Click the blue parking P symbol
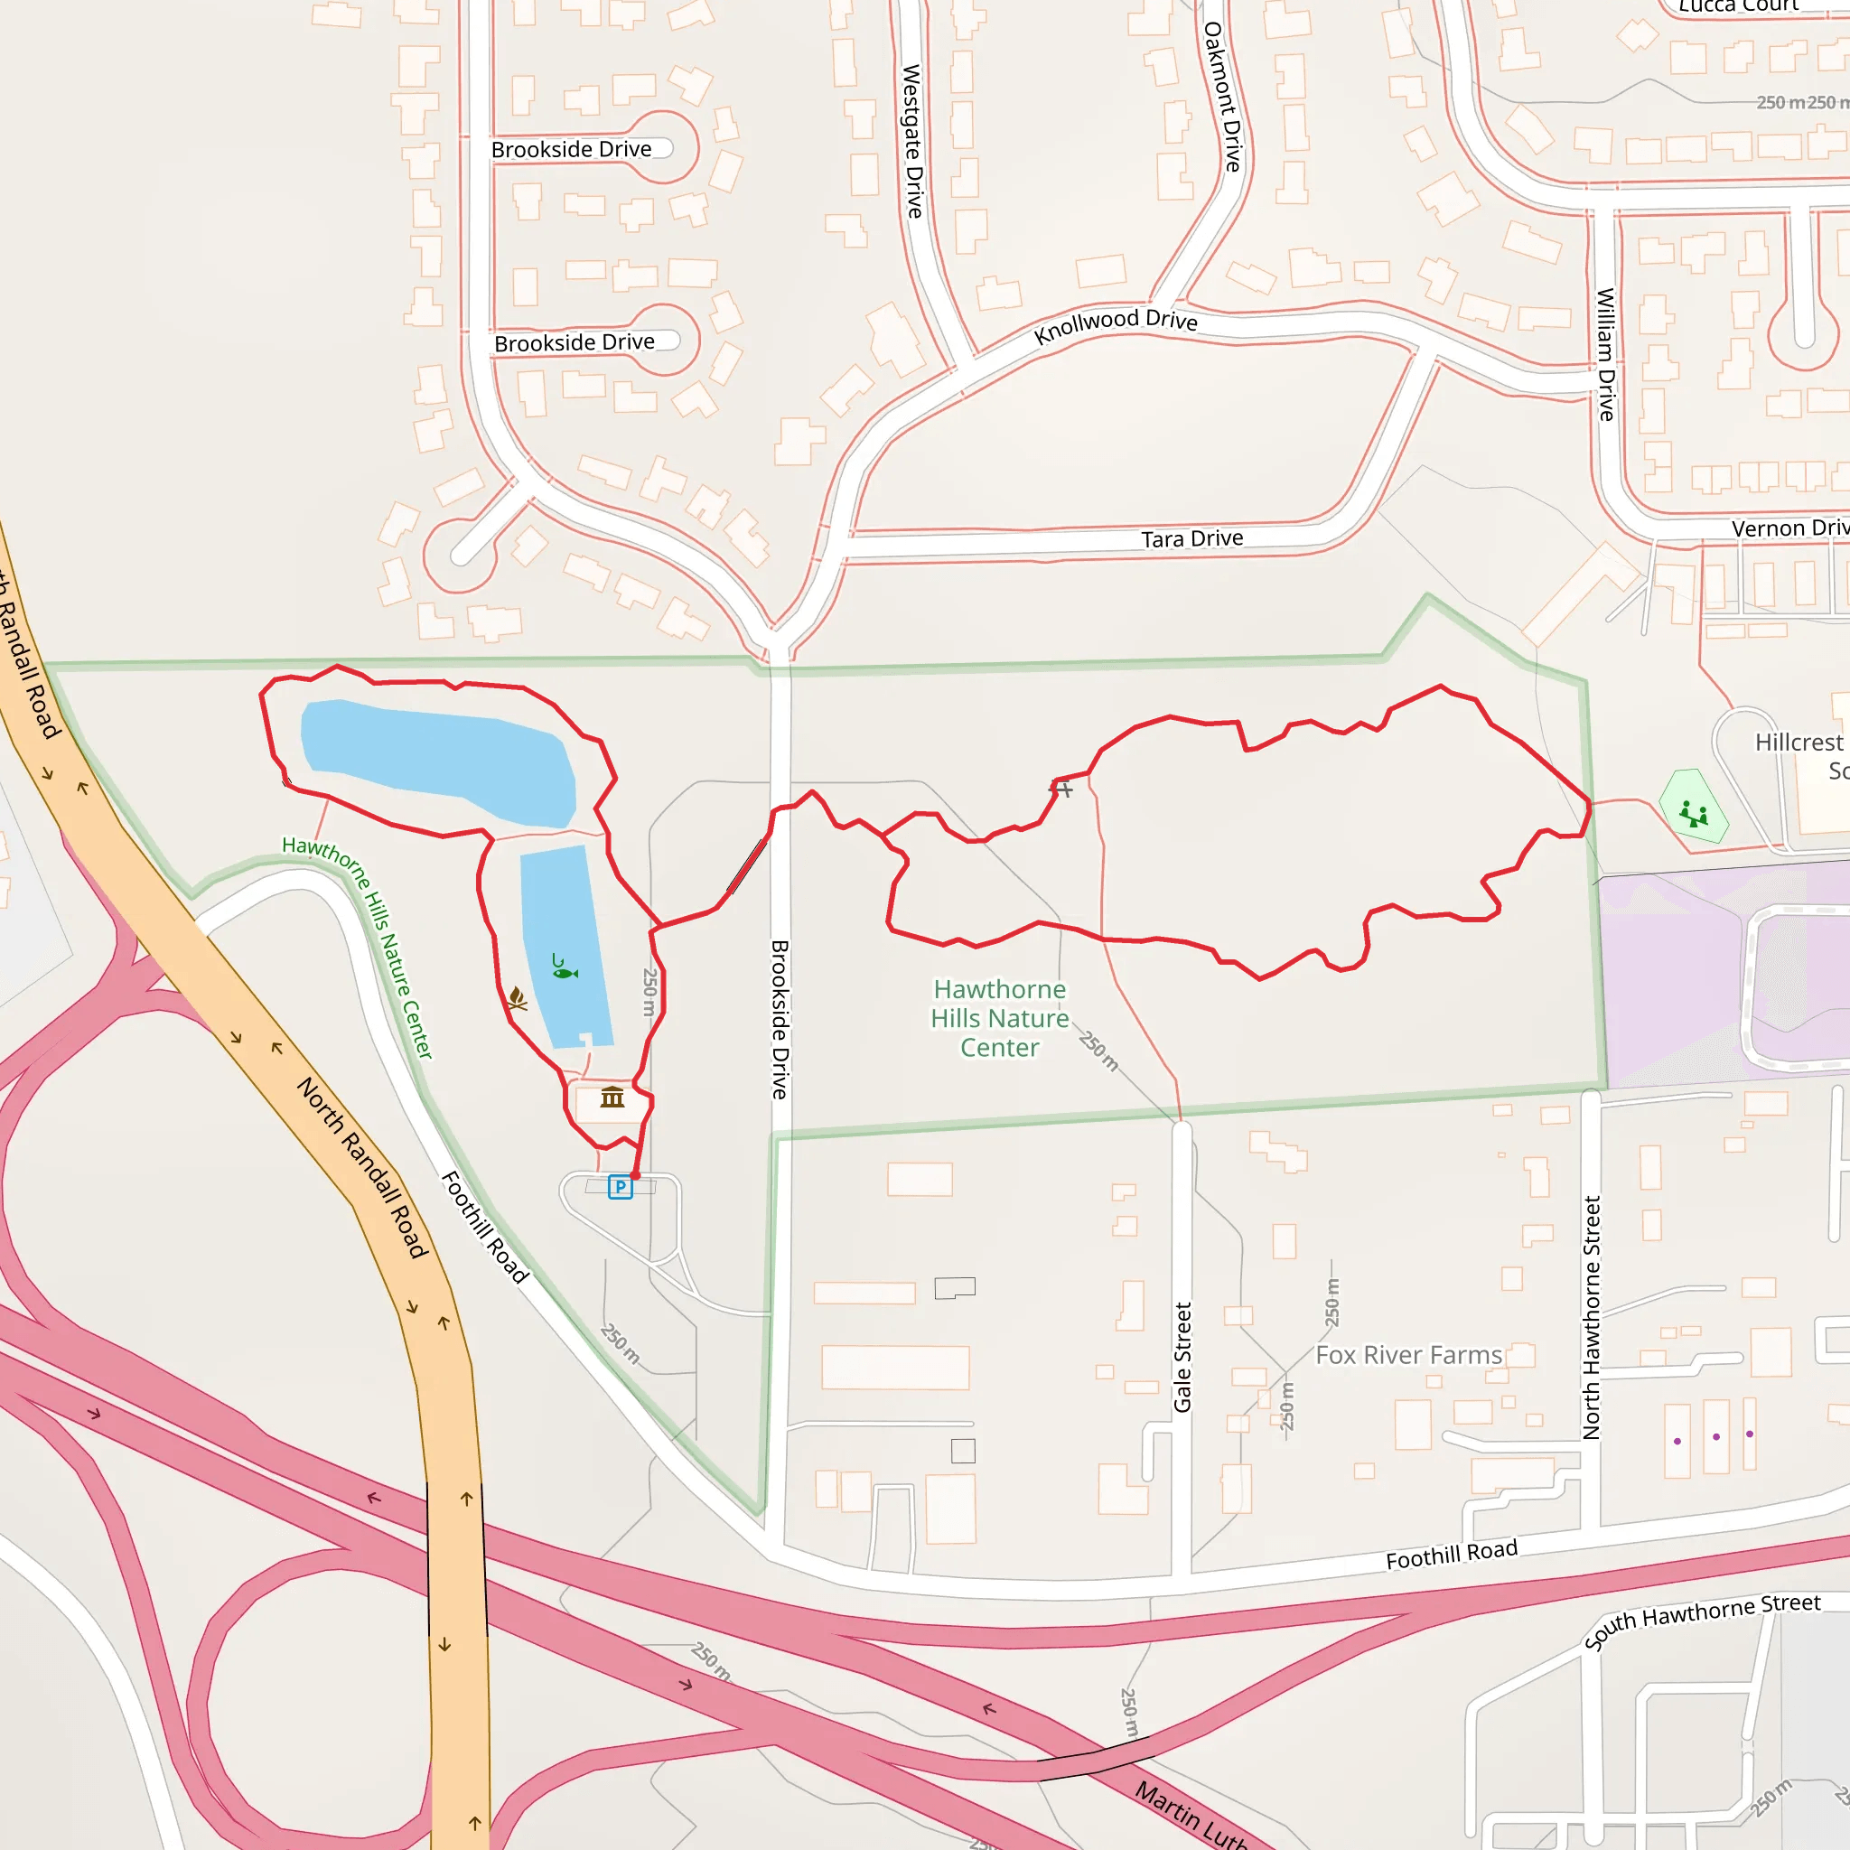pyautogui.click(x=621, y=1187)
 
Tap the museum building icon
pyautogui.click(x=612, y=1098)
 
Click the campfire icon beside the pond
pyautogui.click(x=517, y=999)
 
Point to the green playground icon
pyautogui.click(x=1693, y=814)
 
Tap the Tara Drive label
pyautogui.click(x=1192, y=539)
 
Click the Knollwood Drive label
pyautogui.click(x=1116, y=322)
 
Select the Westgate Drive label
pyautogui.click(x=912, y=141)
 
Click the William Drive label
pyautogui.click(x=1606, y=354)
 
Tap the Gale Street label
pyautogui.click(x=1182, y=1357)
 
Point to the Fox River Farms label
pyautogui.click(x=1408, y=1355)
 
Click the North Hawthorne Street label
pyautogui.click(x=1592, y=1317)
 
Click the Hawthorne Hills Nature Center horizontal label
pyautogui.click(x=1000, y=1018)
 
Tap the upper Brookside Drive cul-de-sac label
pyautogui.click(x=572, y=149)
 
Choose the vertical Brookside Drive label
pyautogui.click(x=780, y=1020)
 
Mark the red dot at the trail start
pyautogui.click(x=635, y=1175)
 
